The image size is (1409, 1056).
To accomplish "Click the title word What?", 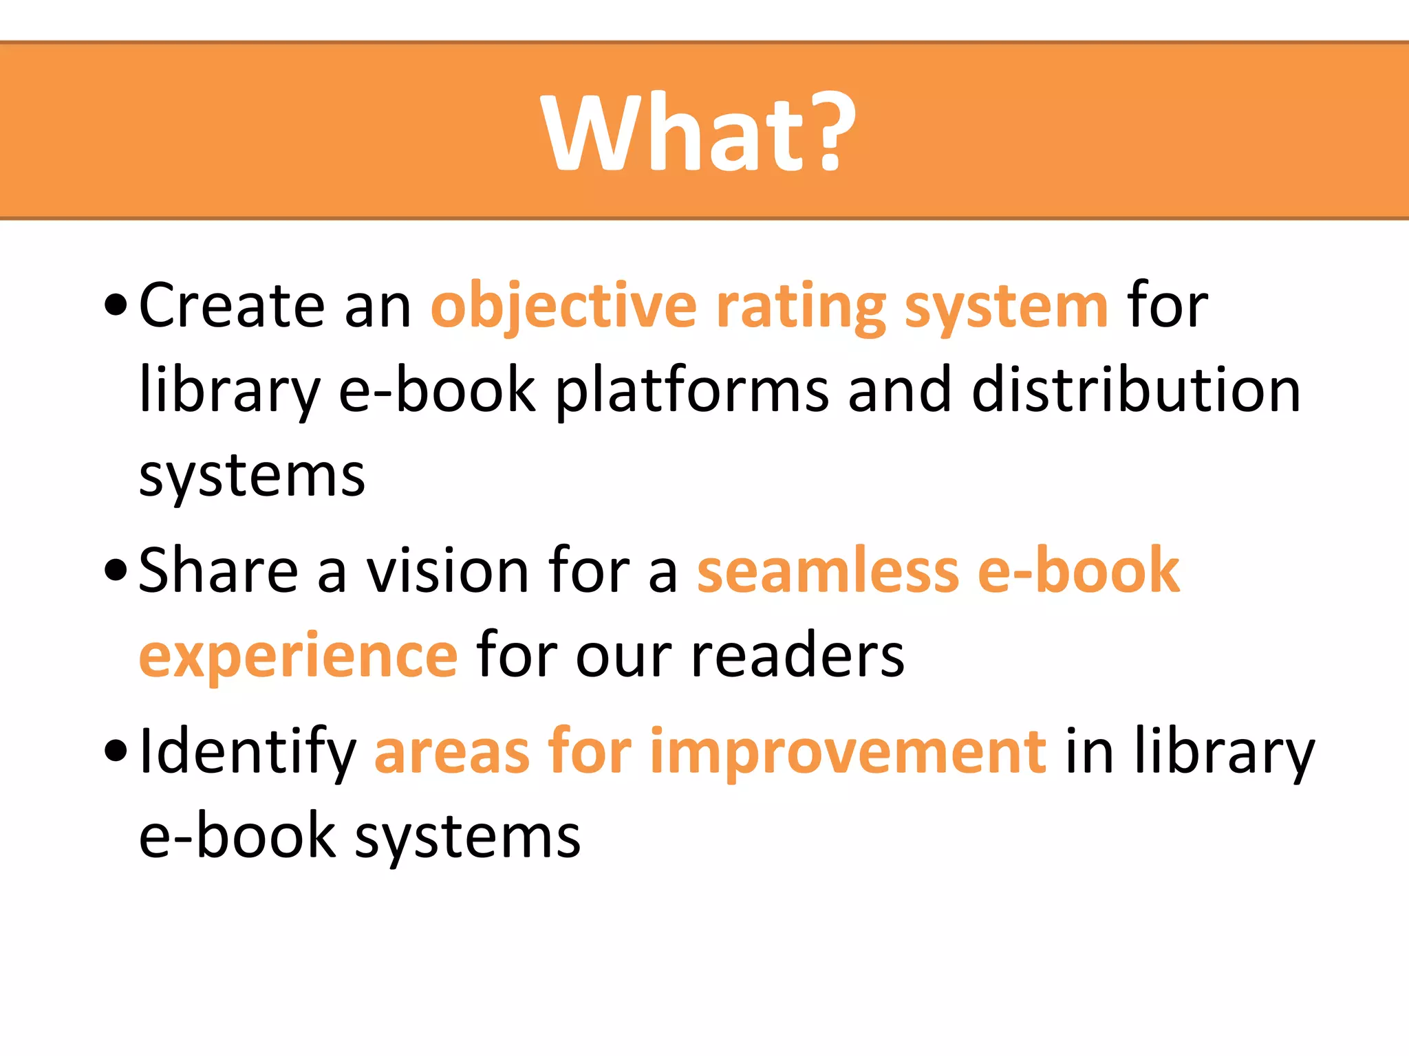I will pos(699,132).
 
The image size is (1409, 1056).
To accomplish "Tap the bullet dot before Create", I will pos(116,305).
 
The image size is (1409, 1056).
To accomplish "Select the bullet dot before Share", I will pos(116,571).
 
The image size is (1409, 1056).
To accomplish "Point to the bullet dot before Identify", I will pos(116,751).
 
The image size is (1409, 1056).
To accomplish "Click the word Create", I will pos(231,305).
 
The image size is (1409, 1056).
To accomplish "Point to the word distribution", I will pos(1136,390).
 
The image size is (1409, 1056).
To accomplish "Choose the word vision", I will pos(447,571).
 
